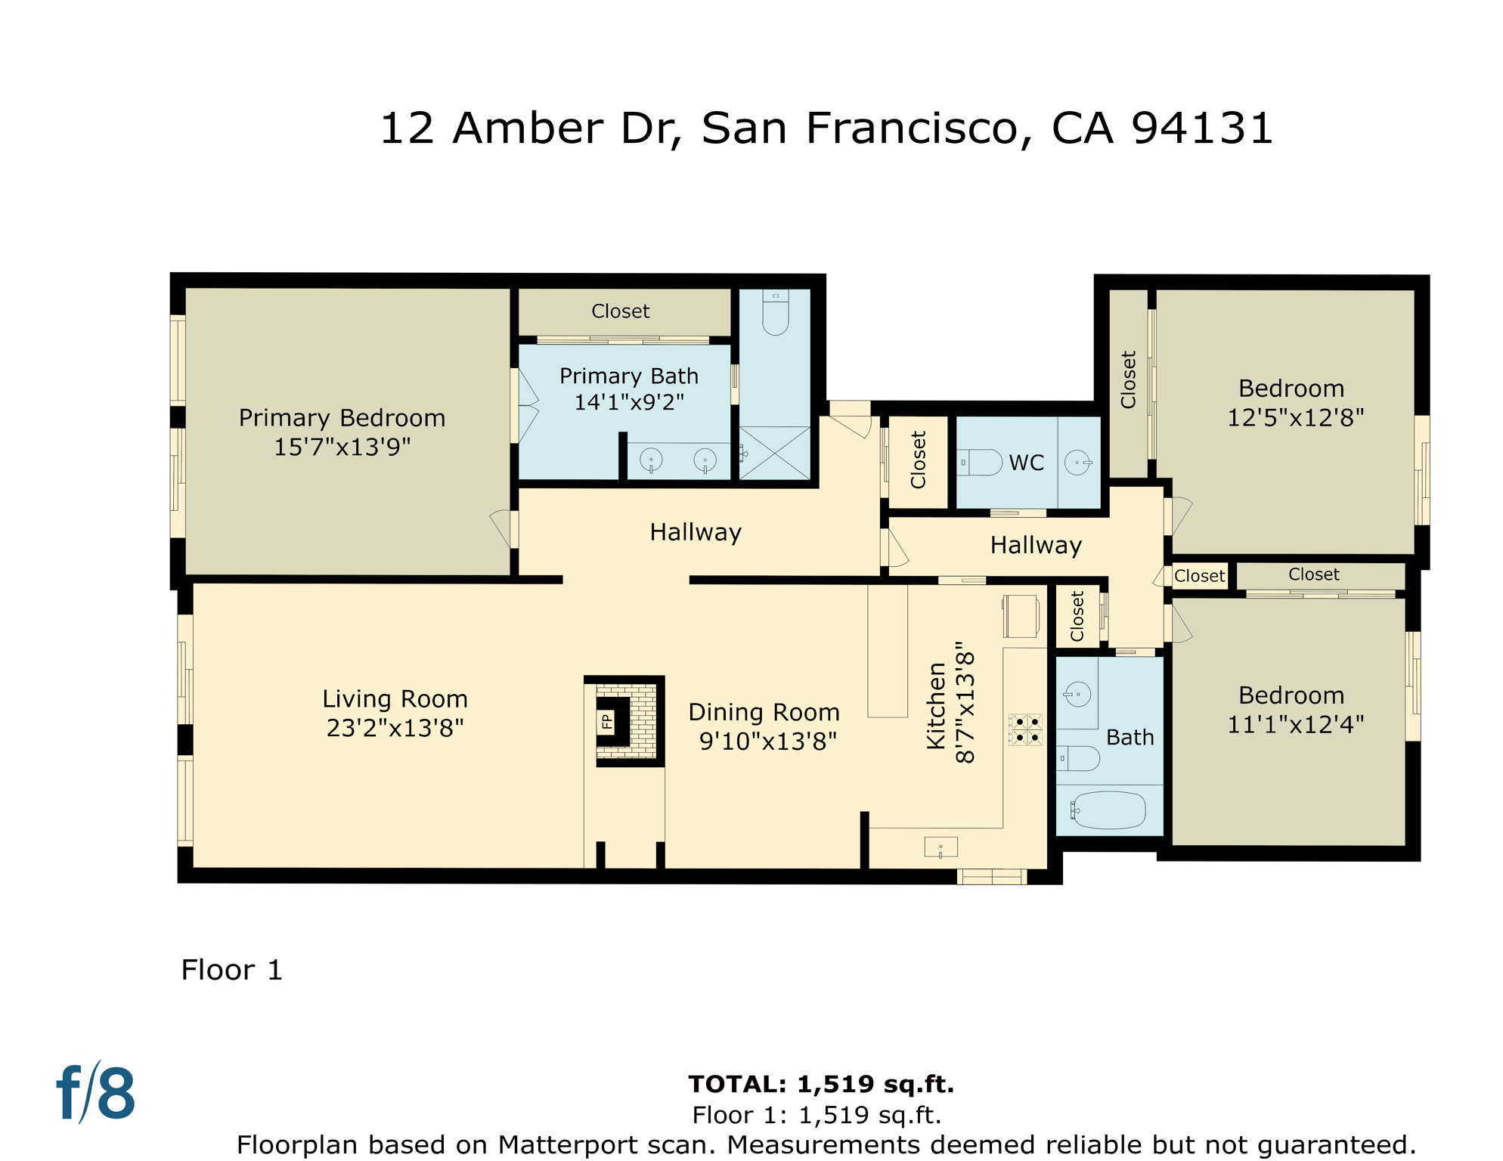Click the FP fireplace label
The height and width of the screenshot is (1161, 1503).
pos(606,722)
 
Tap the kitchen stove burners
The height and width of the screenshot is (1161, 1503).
pos(1027,729)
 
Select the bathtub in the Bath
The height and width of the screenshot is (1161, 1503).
pos(1109,810)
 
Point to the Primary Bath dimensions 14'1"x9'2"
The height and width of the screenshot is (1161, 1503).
pos(629,402)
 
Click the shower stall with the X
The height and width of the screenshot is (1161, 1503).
pos(775,453)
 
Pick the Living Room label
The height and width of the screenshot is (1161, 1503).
pos(395,698)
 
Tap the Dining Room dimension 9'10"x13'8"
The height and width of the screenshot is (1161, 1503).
pos(767,741)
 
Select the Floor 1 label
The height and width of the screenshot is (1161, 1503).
pos(231,970)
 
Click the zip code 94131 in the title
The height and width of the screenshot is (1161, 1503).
pos(1202,128)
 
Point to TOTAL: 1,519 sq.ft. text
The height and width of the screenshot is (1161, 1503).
pos(821,1084)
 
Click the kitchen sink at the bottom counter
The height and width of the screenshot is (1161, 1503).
pos(941,847)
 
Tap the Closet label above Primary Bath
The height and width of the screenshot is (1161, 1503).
pos(620,311)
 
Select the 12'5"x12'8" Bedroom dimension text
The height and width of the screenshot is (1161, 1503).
pos(1295,417)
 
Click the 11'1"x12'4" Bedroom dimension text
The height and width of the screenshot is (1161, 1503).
pos(1295,724)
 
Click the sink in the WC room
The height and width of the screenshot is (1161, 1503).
pos(1077,462)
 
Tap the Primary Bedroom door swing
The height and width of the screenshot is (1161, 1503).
pos(501,528)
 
